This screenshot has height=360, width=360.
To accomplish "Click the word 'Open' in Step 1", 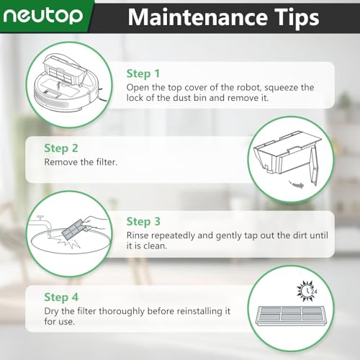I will [139, 87].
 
